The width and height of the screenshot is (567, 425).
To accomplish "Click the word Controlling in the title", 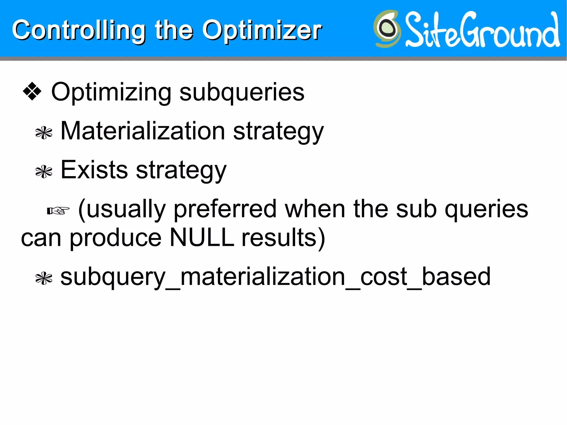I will click(79, 30).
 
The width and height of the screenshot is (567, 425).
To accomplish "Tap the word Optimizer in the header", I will click(262, 30).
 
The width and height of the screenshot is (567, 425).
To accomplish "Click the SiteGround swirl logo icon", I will click(387, 29).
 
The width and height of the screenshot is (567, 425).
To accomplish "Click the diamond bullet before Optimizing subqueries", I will click(32, 91).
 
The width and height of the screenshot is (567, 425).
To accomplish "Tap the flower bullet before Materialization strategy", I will click(44, 133).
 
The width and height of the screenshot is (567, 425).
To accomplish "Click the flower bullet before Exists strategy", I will click(44, 172).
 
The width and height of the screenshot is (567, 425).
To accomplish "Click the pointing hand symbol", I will click(58, 211).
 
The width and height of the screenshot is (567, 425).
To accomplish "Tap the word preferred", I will click(225, 209).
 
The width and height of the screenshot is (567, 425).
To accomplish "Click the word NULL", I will click(202, 238).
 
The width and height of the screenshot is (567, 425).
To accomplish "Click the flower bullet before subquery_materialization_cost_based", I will click(44, 279).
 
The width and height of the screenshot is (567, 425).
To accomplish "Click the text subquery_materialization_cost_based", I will click(275, 277).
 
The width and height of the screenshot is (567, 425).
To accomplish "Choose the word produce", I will click(115, 238).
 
